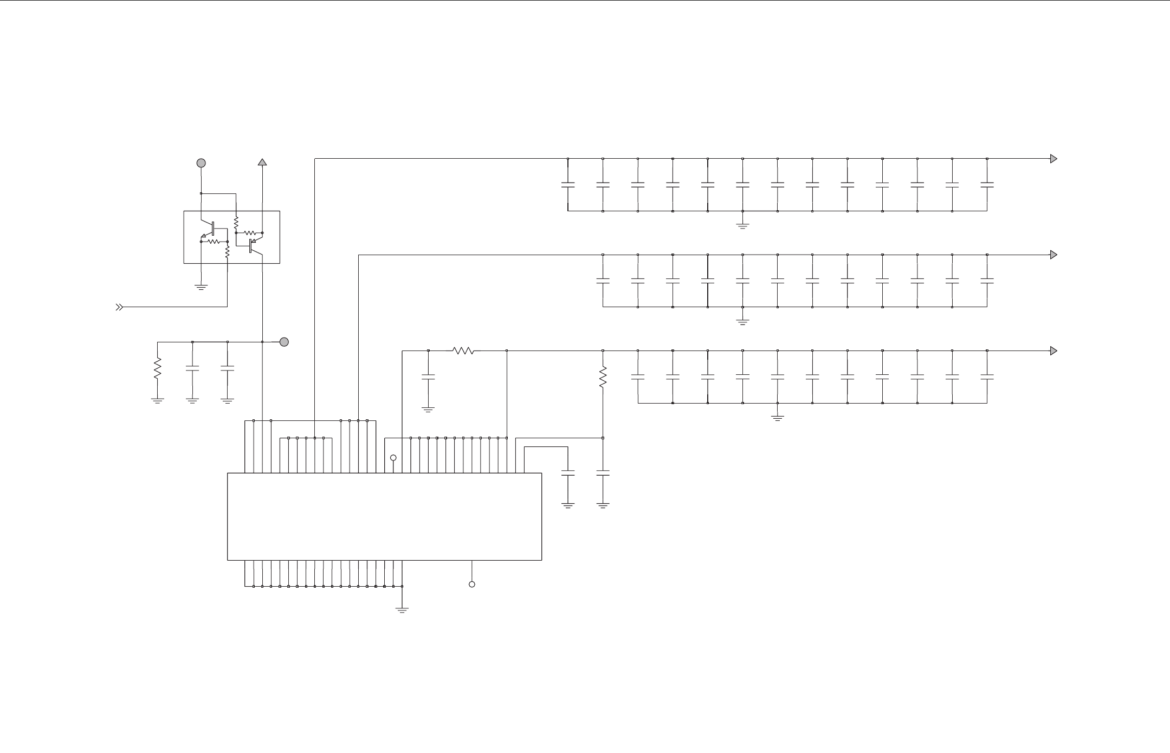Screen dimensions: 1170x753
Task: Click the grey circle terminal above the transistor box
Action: click(x=201, y=163)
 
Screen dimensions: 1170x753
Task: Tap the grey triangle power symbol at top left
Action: click(x=262, y=161)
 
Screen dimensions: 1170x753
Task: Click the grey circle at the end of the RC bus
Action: click(x=283, y=342)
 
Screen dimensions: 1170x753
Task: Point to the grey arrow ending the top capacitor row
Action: click(x=1053, y=159)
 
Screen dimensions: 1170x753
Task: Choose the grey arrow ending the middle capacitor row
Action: click(x=1053, y=255)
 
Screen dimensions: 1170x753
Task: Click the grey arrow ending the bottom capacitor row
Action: click(x=1053, y=350)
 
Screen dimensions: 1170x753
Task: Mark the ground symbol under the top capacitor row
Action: click(x=742, y=225)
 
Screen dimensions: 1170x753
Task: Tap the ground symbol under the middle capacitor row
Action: click(x=742, y=321)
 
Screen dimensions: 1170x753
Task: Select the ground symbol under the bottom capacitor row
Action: click(x=777, y=418)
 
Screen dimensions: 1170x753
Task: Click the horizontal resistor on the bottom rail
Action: click(x=463, y=351)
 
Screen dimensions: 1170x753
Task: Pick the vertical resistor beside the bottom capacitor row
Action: click(x=603, y=377)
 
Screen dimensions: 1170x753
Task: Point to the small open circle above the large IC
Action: click(x=393, y=458)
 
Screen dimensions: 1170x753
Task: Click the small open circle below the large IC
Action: click(x=472, y=585)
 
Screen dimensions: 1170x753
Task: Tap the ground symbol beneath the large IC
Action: click(x=402, y=609)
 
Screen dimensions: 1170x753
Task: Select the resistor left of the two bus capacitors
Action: click(x=158, y=368)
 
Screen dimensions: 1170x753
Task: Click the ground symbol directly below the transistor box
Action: click(x=201, y=287)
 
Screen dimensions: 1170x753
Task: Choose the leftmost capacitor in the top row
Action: click(x=568, y=185)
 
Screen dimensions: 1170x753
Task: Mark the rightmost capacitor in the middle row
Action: click(x=987, y=281)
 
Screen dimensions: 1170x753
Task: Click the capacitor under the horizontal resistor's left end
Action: click(x=428, y=377)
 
